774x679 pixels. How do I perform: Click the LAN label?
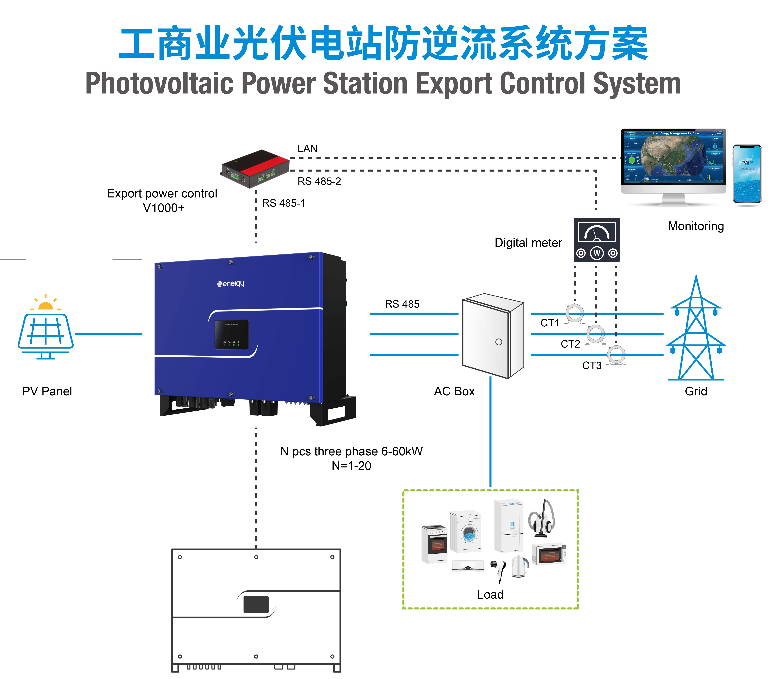(x=307, y=148)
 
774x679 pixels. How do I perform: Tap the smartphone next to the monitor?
(x=747, y=174)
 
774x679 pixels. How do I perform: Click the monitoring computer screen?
(x=673, y=157)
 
